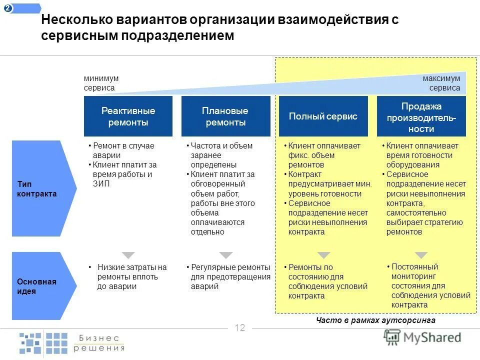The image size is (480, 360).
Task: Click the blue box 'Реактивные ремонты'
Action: [128, 116]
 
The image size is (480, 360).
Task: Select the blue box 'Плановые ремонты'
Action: [225, 116]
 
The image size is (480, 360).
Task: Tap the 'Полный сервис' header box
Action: [323, 116]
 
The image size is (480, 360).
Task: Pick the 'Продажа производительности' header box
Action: [421, 116]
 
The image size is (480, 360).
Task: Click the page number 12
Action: [240, 328]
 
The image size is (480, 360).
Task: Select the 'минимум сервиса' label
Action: [101, 83]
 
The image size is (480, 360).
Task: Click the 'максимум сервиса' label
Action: [441, 83]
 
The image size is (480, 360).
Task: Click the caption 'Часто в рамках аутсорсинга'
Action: [375, 320]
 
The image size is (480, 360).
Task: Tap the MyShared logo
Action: [423, 337]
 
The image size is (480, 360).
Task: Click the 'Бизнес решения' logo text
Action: [99, 342]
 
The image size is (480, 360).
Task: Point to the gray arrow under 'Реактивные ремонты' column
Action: [128, 255]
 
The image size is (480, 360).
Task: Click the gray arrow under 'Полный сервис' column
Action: [324, 255]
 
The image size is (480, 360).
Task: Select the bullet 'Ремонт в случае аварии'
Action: [123, 150]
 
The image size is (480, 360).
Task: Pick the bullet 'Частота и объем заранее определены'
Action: [221, 155]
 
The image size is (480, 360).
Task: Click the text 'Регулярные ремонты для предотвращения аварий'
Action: [229, 276]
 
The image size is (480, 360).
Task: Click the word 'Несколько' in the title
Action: [75, 20]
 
